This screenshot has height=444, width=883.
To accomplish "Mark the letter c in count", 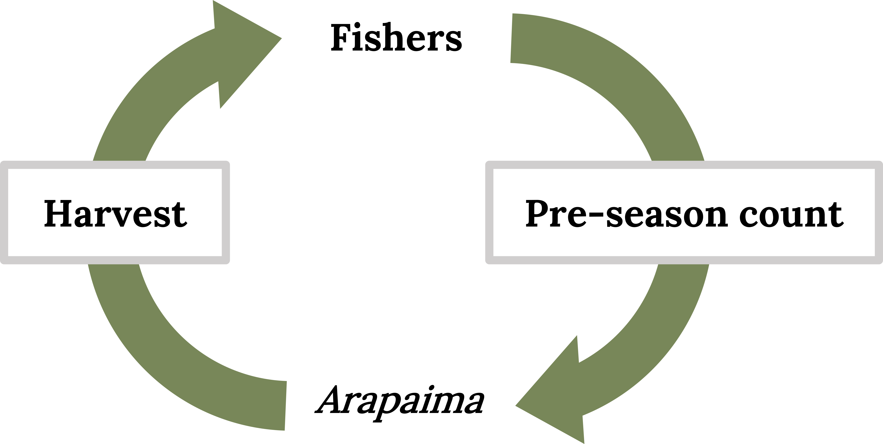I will pos(749,217).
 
